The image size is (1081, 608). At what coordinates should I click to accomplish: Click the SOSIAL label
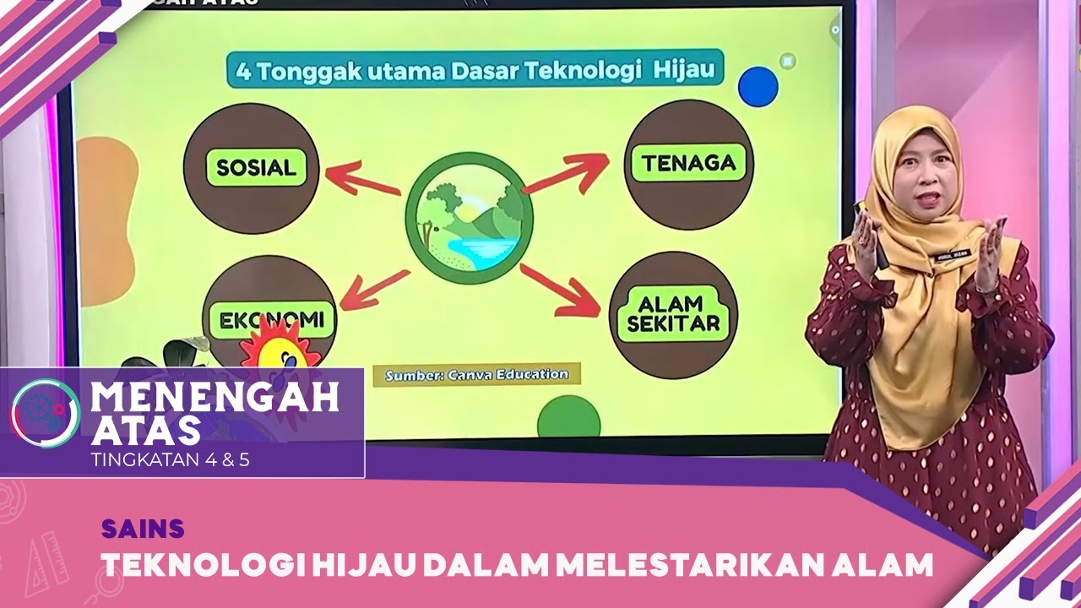coord(257,167)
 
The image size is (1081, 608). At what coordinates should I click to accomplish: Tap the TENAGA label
coord(688,163)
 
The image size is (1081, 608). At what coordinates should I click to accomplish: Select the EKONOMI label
coord(272,320)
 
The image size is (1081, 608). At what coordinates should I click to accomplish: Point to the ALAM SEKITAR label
coord(667,314)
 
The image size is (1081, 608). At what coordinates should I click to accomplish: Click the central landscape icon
coord(470,217)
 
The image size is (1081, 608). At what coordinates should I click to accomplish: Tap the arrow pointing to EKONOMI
coord(374,288)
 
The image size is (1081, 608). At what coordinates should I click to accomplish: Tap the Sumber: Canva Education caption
coord(476,374)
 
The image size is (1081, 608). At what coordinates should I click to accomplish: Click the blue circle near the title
coord(758,87)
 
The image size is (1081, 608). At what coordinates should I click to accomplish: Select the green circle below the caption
coord(568,420)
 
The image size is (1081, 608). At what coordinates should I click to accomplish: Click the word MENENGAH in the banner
coord(215,397)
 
